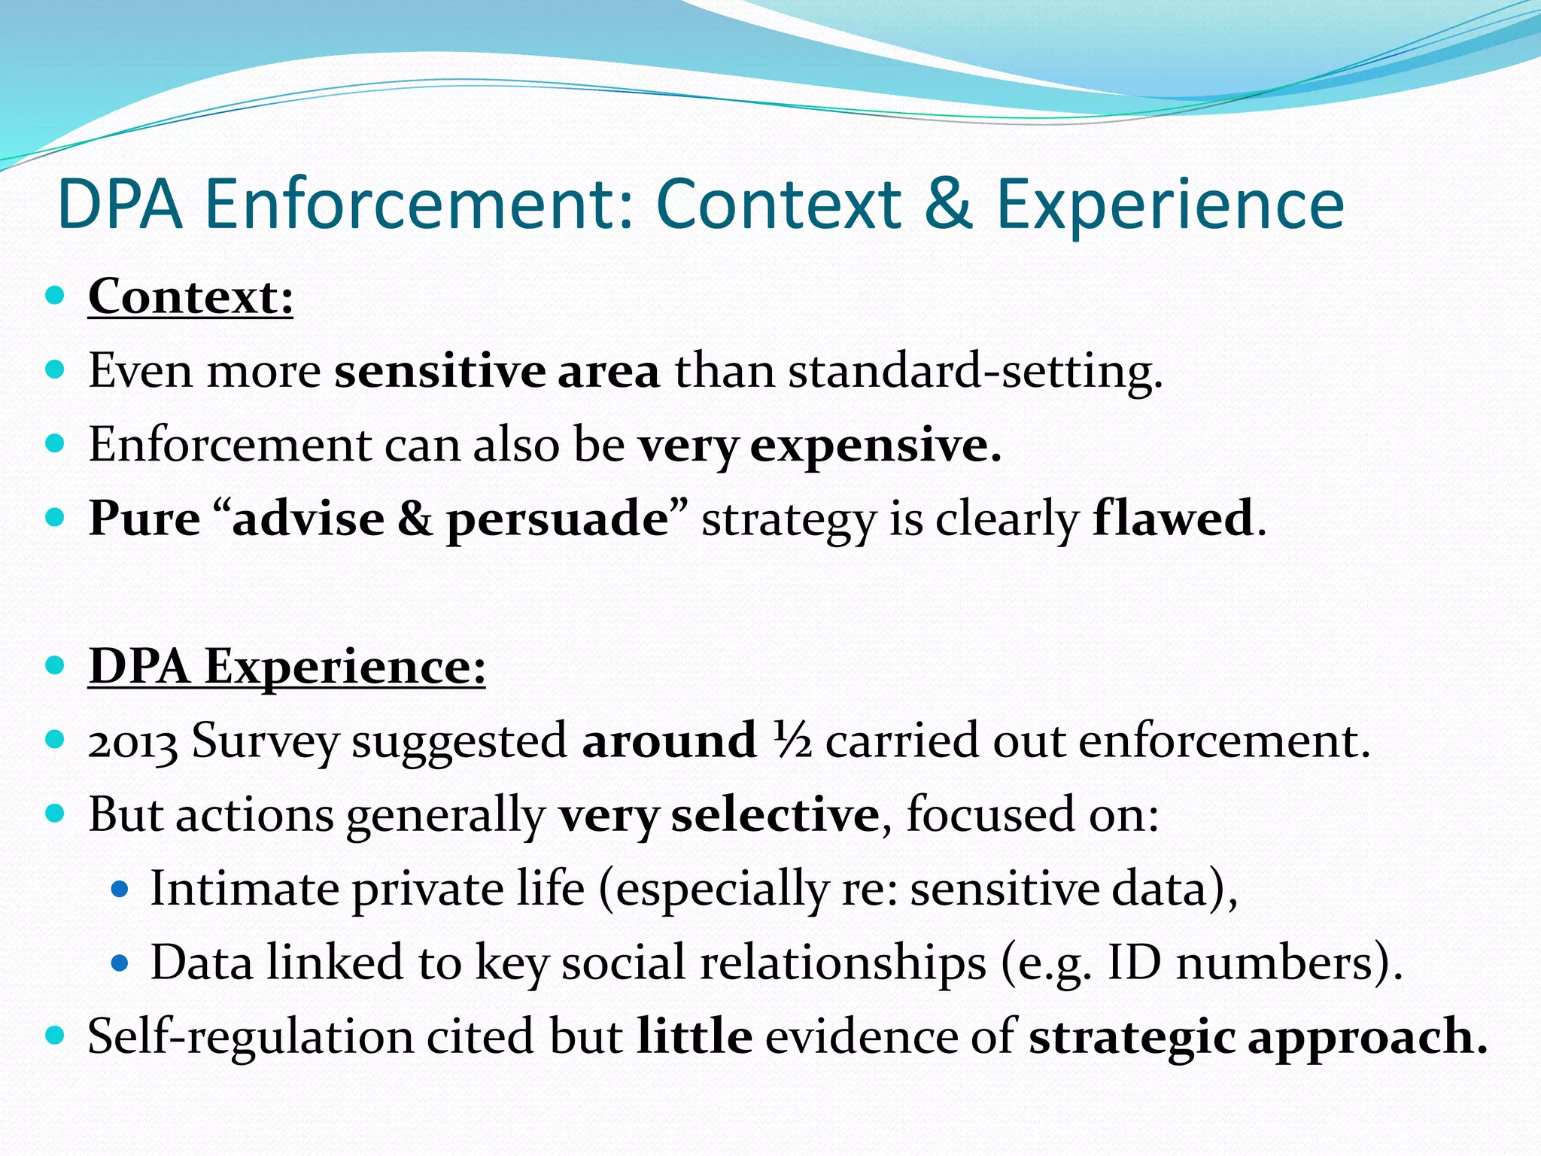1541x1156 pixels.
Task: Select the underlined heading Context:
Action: pos(190,297)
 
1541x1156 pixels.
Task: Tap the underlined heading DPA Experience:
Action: pos(287,667)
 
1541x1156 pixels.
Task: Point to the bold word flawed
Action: pos(1172,519)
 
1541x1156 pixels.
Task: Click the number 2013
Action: pos(132,742)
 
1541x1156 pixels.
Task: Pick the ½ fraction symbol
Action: pos(792,741)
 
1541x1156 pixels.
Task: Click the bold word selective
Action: pos(774,815)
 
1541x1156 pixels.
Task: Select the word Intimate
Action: pos(245,889)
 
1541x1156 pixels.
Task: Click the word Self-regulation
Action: pos(251,1037)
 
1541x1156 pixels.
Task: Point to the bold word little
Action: pos(694,1036)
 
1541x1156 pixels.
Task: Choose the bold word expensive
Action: pos(874,446)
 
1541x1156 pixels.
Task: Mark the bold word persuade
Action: pos(557,520)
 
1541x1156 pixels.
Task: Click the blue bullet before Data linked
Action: pos(120,963)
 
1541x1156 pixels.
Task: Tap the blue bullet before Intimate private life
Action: pos(120,890)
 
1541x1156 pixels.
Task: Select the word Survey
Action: pos(265,742)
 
